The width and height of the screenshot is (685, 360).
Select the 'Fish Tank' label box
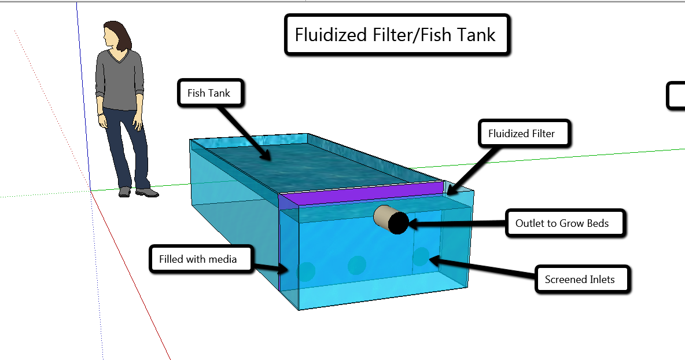[x=209, y=93]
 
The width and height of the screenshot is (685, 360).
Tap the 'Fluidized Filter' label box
[x=521, y=134]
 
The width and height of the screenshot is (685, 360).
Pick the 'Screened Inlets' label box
[x=579, y=280]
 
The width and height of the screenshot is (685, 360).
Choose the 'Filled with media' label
[x=198, y=259]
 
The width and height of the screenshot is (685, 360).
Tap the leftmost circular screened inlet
[x=306, y=270]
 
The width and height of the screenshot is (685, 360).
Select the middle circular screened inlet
[x=357, y=265]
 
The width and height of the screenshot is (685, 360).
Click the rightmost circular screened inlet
[x=421, y=256]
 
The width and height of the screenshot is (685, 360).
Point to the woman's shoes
[x=139, y=192]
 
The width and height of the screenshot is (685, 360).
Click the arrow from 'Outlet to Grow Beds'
[x=457, y=222]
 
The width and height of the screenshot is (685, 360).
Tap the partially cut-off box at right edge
[x=676, y=95]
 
